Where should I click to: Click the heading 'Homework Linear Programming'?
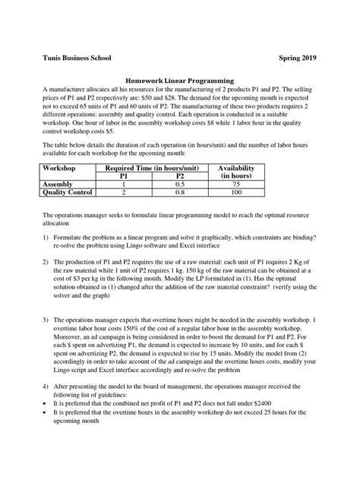point(179,80)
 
